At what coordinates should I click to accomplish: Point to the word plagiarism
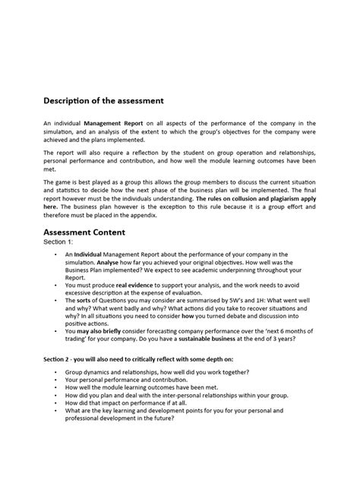coord(279,197)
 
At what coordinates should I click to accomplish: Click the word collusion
coord(242,197)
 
